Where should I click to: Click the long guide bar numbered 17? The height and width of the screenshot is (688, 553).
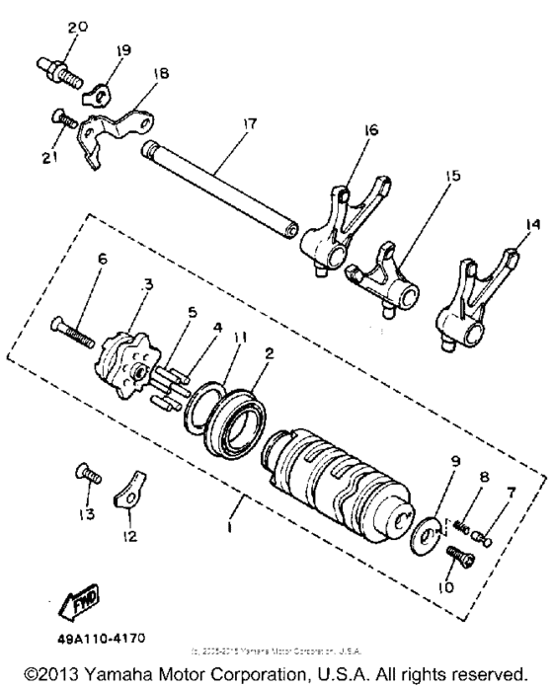212,188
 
